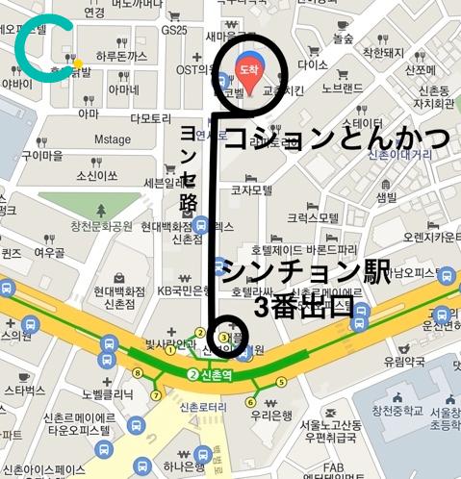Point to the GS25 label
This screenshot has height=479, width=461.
click(174, 30)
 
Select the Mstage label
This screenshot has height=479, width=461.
click(112, 139)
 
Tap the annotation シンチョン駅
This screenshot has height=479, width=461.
click(306, 271)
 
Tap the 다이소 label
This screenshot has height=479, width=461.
click(314, 64)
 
